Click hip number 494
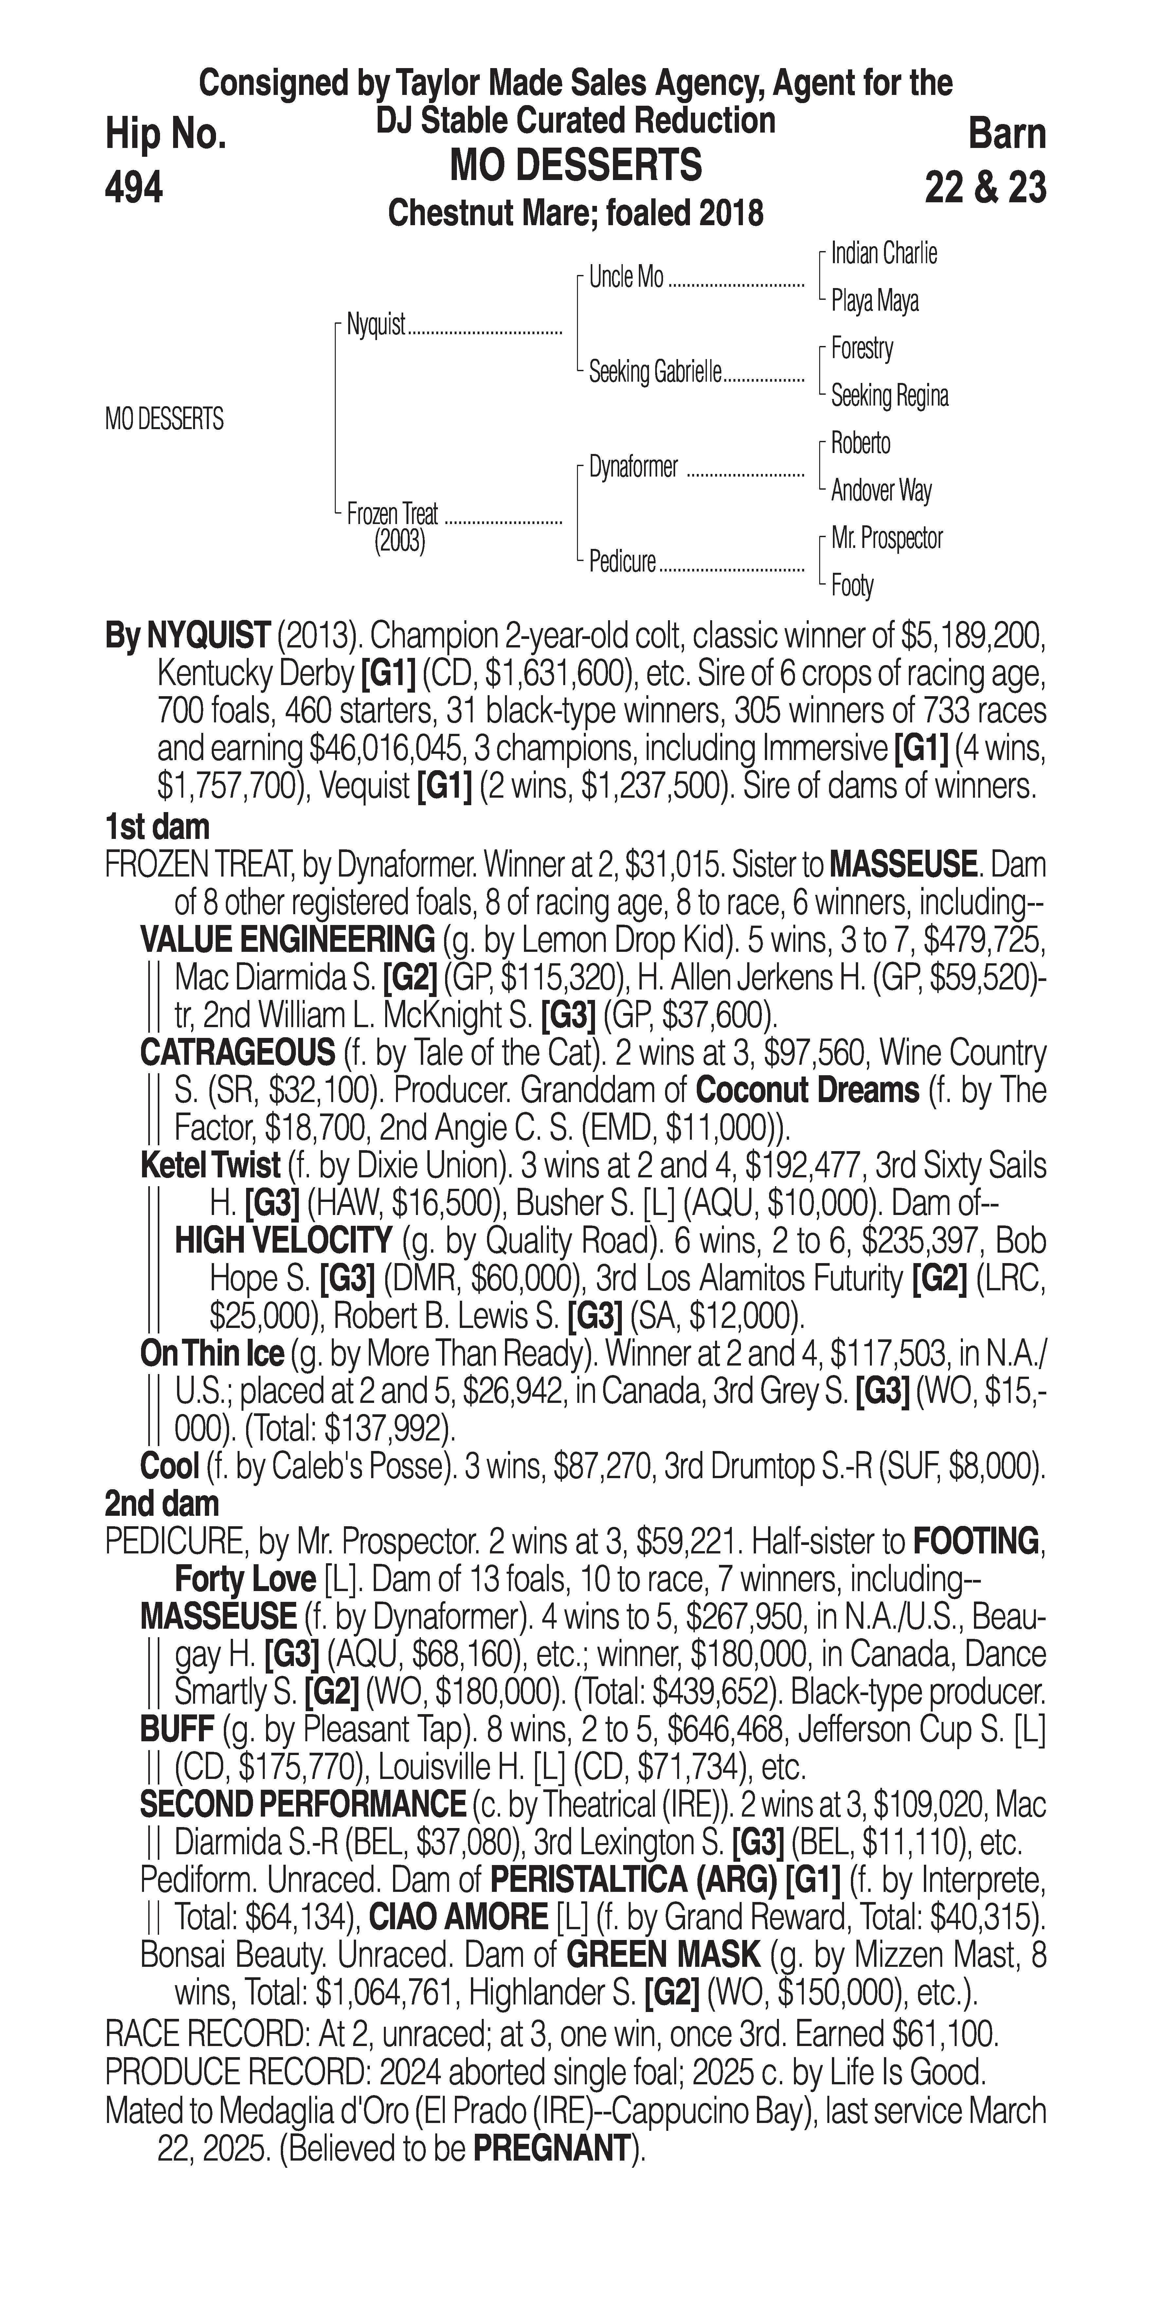134,188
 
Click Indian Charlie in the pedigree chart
883,254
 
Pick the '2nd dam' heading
161,1503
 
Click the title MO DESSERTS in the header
576,166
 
